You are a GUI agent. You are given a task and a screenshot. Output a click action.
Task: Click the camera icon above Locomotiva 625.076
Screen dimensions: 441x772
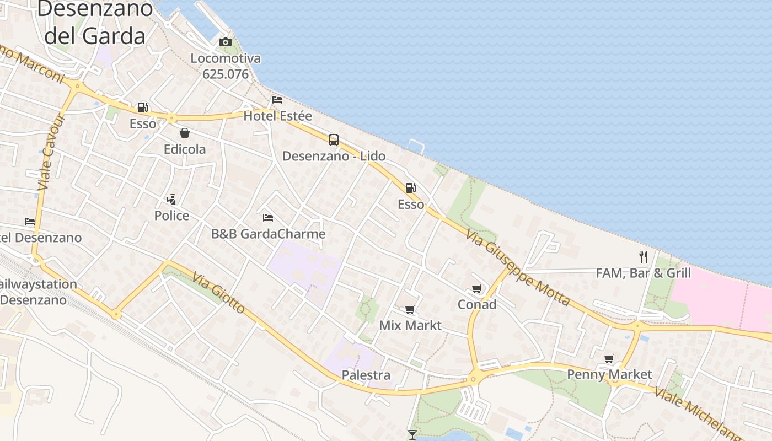[x=225, y=42]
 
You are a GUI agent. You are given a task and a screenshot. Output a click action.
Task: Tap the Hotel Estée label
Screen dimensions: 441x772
[x=277, y=116]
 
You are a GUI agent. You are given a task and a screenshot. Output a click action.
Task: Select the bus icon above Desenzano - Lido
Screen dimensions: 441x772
[x=334, y=140]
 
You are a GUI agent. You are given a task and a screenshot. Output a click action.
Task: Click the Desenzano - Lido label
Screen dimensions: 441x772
[x=334, y=156]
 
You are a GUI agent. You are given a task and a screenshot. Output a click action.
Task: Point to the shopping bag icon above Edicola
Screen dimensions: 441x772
[x=184, y=133]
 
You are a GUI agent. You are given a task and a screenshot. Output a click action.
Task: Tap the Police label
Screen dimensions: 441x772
[x=171, y=216]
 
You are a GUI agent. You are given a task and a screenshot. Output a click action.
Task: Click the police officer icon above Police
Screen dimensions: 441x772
[x=171, y=199]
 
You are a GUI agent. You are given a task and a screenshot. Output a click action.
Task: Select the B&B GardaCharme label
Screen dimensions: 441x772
[x=268, y=234]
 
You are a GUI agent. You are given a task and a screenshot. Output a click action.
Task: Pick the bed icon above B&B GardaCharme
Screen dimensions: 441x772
[x=268, y=217]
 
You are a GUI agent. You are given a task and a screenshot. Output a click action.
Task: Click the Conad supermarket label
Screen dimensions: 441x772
[x=477, y=304]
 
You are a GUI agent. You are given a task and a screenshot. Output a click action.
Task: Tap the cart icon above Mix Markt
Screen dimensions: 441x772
[x=410, y=310]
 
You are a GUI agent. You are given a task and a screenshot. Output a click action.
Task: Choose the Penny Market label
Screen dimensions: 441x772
[x=609, y=375]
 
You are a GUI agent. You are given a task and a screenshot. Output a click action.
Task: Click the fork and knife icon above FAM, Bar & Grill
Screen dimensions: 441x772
[x=643, y=256]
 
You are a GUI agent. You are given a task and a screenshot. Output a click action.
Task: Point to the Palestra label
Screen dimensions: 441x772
[x=366, y=375]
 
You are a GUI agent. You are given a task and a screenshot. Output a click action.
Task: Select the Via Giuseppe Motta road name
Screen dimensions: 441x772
[x=517, y=267]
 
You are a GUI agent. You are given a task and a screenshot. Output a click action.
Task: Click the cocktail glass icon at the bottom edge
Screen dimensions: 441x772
[x=412, y=435]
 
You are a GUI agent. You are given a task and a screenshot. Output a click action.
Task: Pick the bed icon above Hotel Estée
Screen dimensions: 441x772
[x=277, y=100]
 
